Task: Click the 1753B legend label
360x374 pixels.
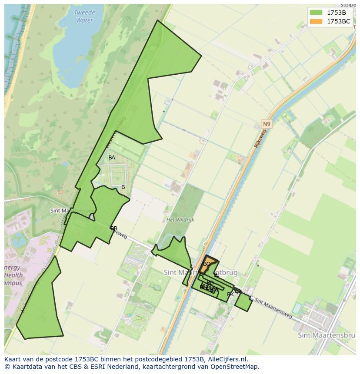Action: [336, 13]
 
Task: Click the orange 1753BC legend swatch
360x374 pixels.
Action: [316, 21]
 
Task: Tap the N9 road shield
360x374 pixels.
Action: [266, 124]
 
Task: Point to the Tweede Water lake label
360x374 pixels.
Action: [84, 17]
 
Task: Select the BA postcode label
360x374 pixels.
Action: [112, 158]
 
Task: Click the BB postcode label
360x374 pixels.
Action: [114, 228]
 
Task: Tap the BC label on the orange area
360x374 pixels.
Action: [207, 264]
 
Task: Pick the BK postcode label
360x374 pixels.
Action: [230, 295]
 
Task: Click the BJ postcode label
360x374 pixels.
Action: [217, 275]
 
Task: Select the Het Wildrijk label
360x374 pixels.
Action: [180, 220]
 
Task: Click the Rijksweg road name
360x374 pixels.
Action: [260, 139]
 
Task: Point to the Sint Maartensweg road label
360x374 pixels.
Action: [273, 307]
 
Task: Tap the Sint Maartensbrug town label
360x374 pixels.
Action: [327, 335]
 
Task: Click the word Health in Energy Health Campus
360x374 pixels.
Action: [13, 275]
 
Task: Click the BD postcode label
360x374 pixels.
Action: [210, 283]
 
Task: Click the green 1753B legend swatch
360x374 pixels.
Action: [316, 13]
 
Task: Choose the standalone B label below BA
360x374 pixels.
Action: [123, 187]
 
